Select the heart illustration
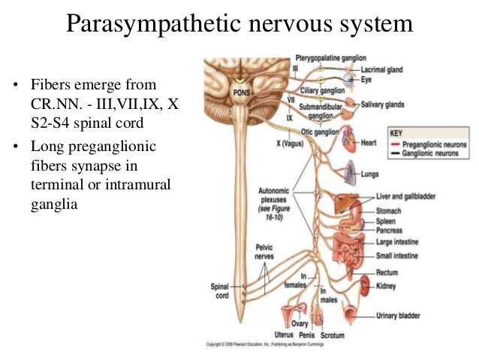[x=348, y=139]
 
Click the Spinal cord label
[x=222, y=291]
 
